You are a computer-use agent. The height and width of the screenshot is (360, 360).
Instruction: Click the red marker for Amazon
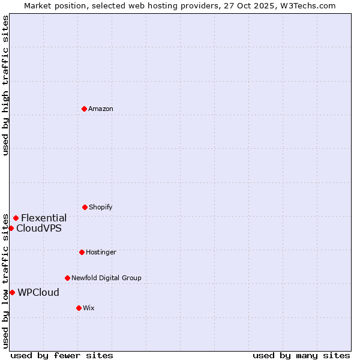(84, 109)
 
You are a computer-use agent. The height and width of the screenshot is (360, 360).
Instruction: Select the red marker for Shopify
(85, 207)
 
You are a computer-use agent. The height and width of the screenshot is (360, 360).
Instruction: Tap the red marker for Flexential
(16, 218)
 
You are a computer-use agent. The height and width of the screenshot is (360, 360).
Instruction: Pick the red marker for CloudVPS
(11, 228)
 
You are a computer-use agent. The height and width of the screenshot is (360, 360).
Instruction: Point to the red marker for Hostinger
(82, 252)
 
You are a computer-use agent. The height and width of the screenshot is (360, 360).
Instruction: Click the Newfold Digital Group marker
(67, 278)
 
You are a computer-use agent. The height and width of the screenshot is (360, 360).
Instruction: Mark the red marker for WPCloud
(12, 292)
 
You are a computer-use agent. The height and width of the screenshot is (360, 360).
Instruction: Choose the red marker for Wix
(79, 308)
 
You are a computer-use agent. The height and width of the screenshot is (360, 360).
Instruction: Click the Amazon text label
(101, 109)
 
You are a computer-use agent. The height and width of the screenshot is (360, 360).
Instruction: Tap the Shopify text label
(101, 207)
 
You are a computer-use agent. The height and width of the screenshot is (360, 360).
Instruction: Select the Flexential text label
(44, 218)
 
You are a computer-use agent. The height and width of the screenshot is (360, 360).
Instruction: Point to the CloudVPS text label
(39, 228)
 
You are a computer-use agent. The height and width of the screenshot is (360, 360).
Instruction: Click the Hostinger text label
(101, 252)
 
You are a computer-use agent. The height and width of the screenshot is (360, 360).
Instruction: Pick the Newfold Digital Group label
(106, 278)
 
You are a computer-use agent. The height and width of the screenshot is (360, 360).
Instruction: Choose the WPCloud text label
(38, 292)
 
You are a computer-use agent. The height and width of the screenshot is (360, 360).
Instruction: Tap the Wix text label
(89, 308)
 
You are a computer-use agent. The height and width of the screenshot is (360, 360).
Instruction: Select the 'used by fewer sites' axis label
(62, 355)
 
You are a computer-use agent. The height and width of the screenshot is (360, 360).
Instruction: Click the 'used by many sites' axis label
(301, 355)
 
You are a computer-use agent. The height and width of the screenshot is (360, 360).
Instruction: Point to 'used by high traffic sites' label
(5, 85)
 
